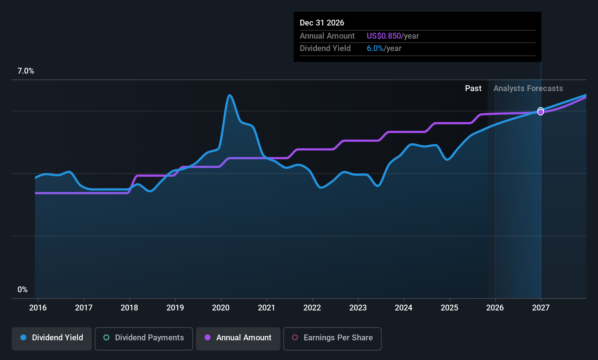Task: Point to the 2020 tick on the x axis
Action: point(221,308)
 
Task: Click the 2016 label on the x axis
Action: point(38,308)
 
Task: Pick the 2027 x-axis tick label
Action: point(541,308)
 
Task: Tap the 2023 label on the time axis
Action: point(358,308)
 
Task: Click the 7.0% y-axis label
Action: point(26,71)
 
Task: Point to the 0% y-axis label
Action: point(23,290)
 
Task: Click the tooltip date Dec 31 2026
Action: point(322,23)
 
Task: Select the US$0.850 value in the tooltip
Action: point(383,36)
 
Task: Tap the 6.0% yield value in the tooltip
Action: point(375,48)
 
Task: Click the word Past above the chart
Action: point(473,89)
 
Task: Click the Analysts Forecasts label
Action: point(528,89)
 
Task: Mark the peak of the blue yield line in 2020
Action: point(229,95)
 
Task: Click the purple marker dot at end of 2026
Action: point(541,112)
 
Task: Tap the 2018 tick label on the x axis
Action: point(129,308)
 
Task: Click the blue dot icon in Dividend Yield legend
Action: point(23,338)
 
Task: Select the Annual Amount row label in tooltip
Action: point(327,36)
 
